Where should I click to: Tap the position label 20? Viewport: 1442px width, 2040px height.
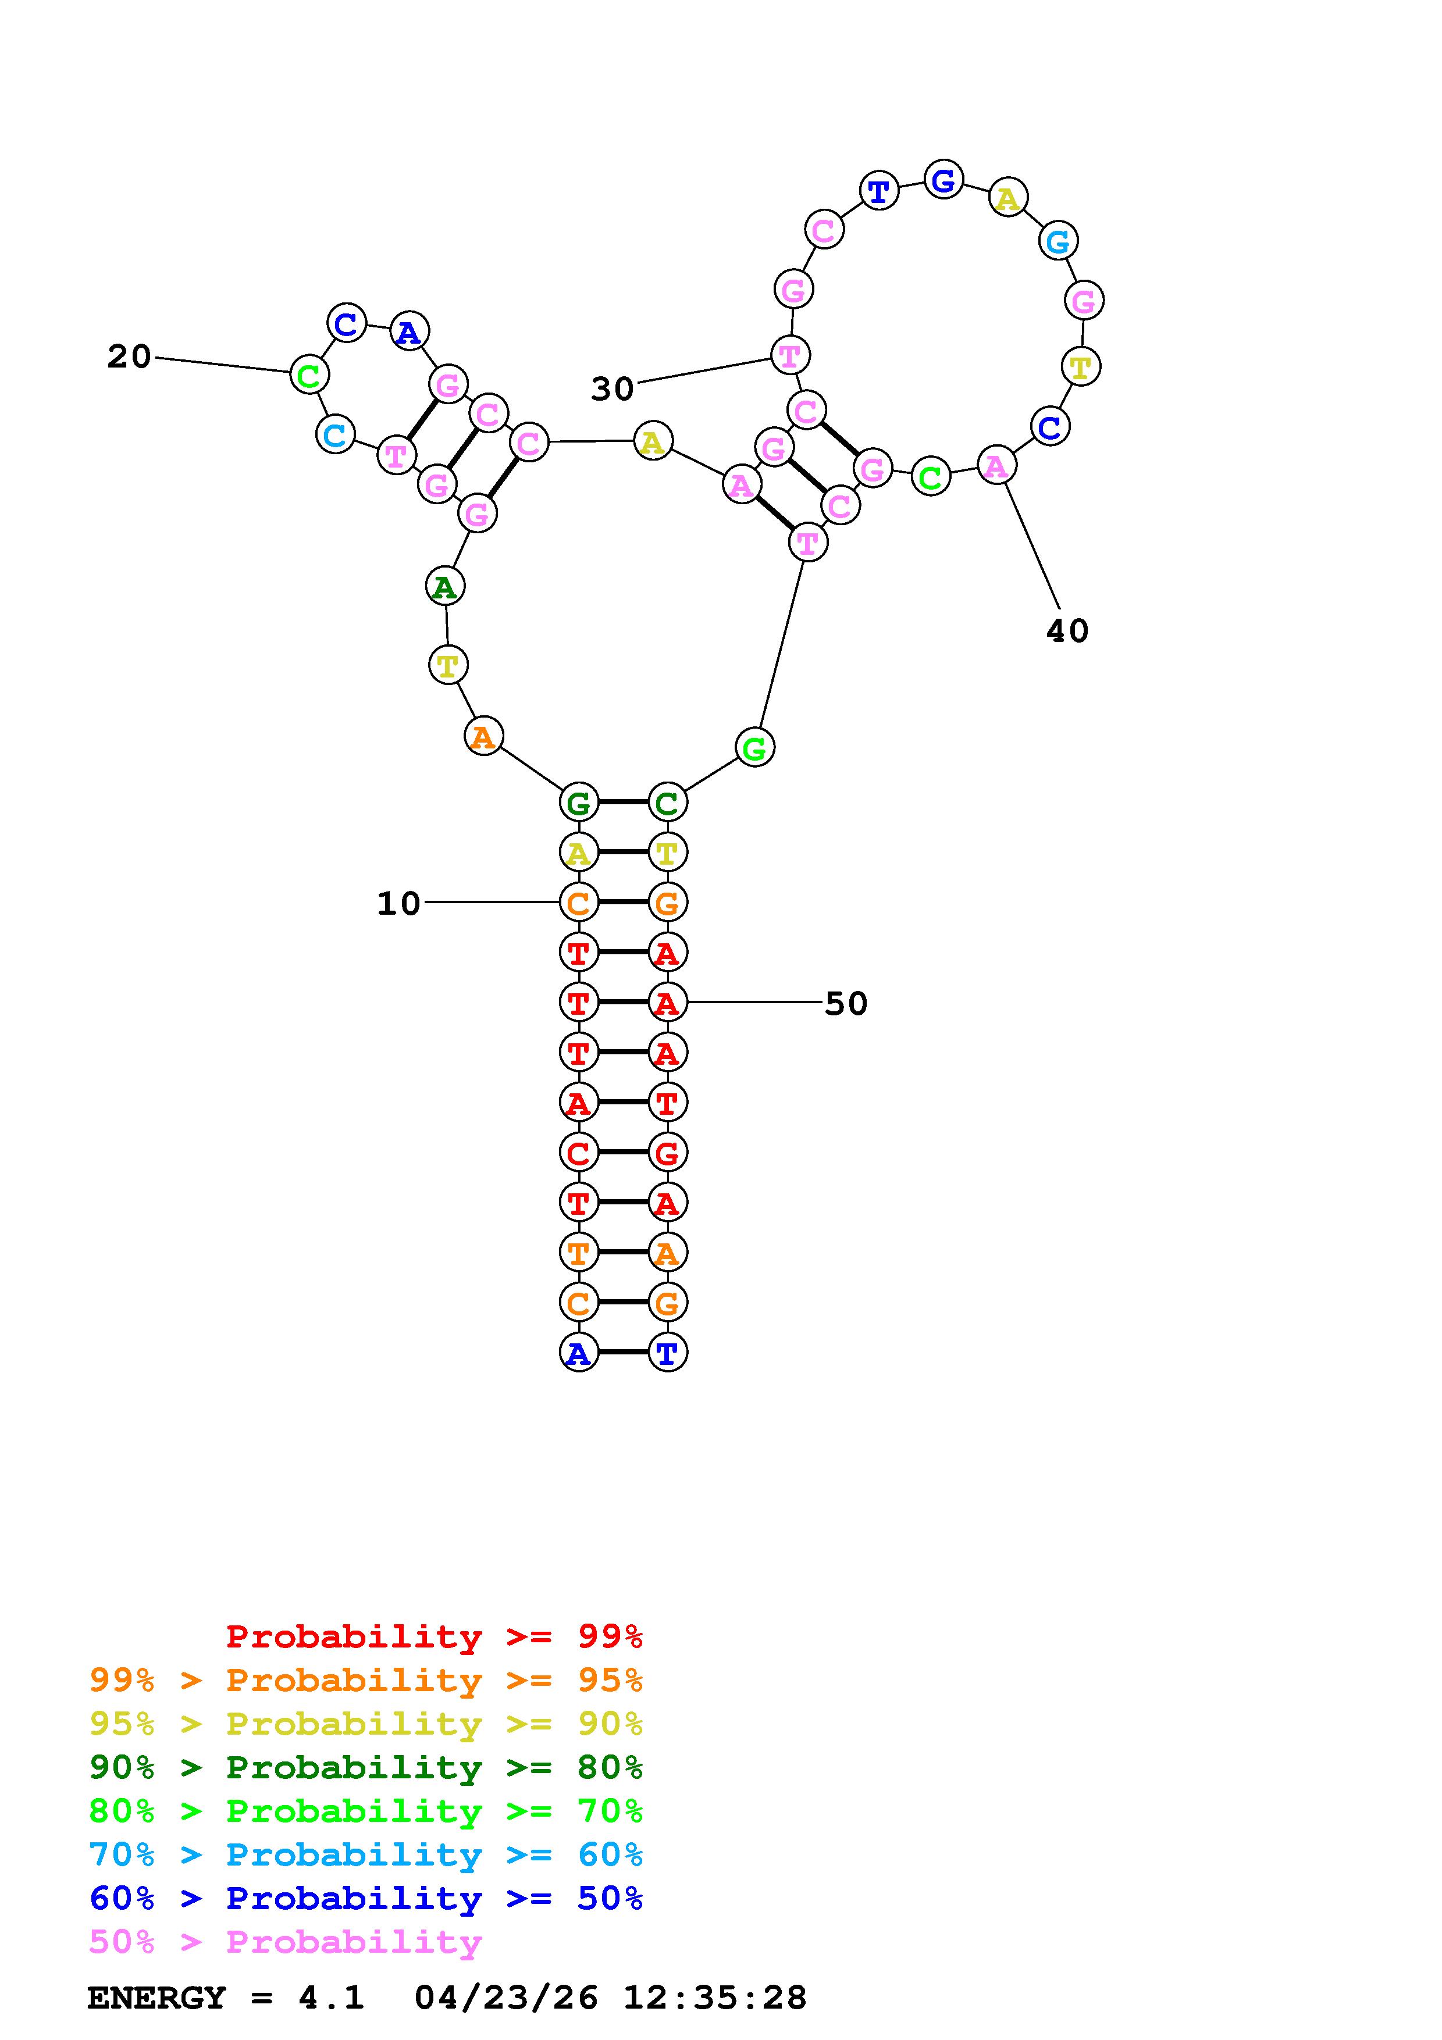pos(129,356)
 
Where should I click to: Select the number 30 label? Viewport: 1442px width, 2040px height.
pos(612,388)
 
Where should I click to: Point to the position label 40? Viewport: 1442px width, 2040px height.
pos(1067,631)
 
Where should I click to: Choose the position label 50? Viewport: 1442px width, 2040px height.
pos(846,1003)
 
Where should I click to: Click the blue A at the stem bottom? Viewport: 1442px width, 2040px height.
pos(578,1353)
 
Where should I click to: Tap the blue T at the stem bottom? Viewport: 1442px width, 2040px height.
pos(667,1353)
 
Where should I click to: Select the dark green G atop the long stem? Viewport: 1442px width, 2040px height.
pos(578,803)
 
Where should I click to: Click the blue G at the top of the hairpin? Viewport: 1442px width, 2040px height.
pos(943,180)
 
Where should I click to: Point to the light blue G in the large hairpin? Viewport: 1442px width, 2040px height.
pos(1058,241)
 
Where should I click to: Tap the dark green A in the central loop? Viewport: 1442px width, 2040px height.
pos(444,586)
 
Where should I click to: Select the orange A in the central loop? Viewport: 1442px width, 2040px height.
pos(483,736)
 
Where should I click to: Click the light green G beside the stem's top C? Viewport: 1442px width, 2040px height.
pos(754,748)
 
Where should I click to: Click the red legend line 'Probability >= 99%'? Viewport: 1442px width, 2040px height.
pos(435,1636)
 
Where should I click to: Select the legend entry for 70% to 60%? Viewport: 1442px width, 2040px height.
pos(366,1854)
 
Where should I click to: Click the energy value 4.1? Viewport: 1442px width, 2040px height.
pos(330,1998)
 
